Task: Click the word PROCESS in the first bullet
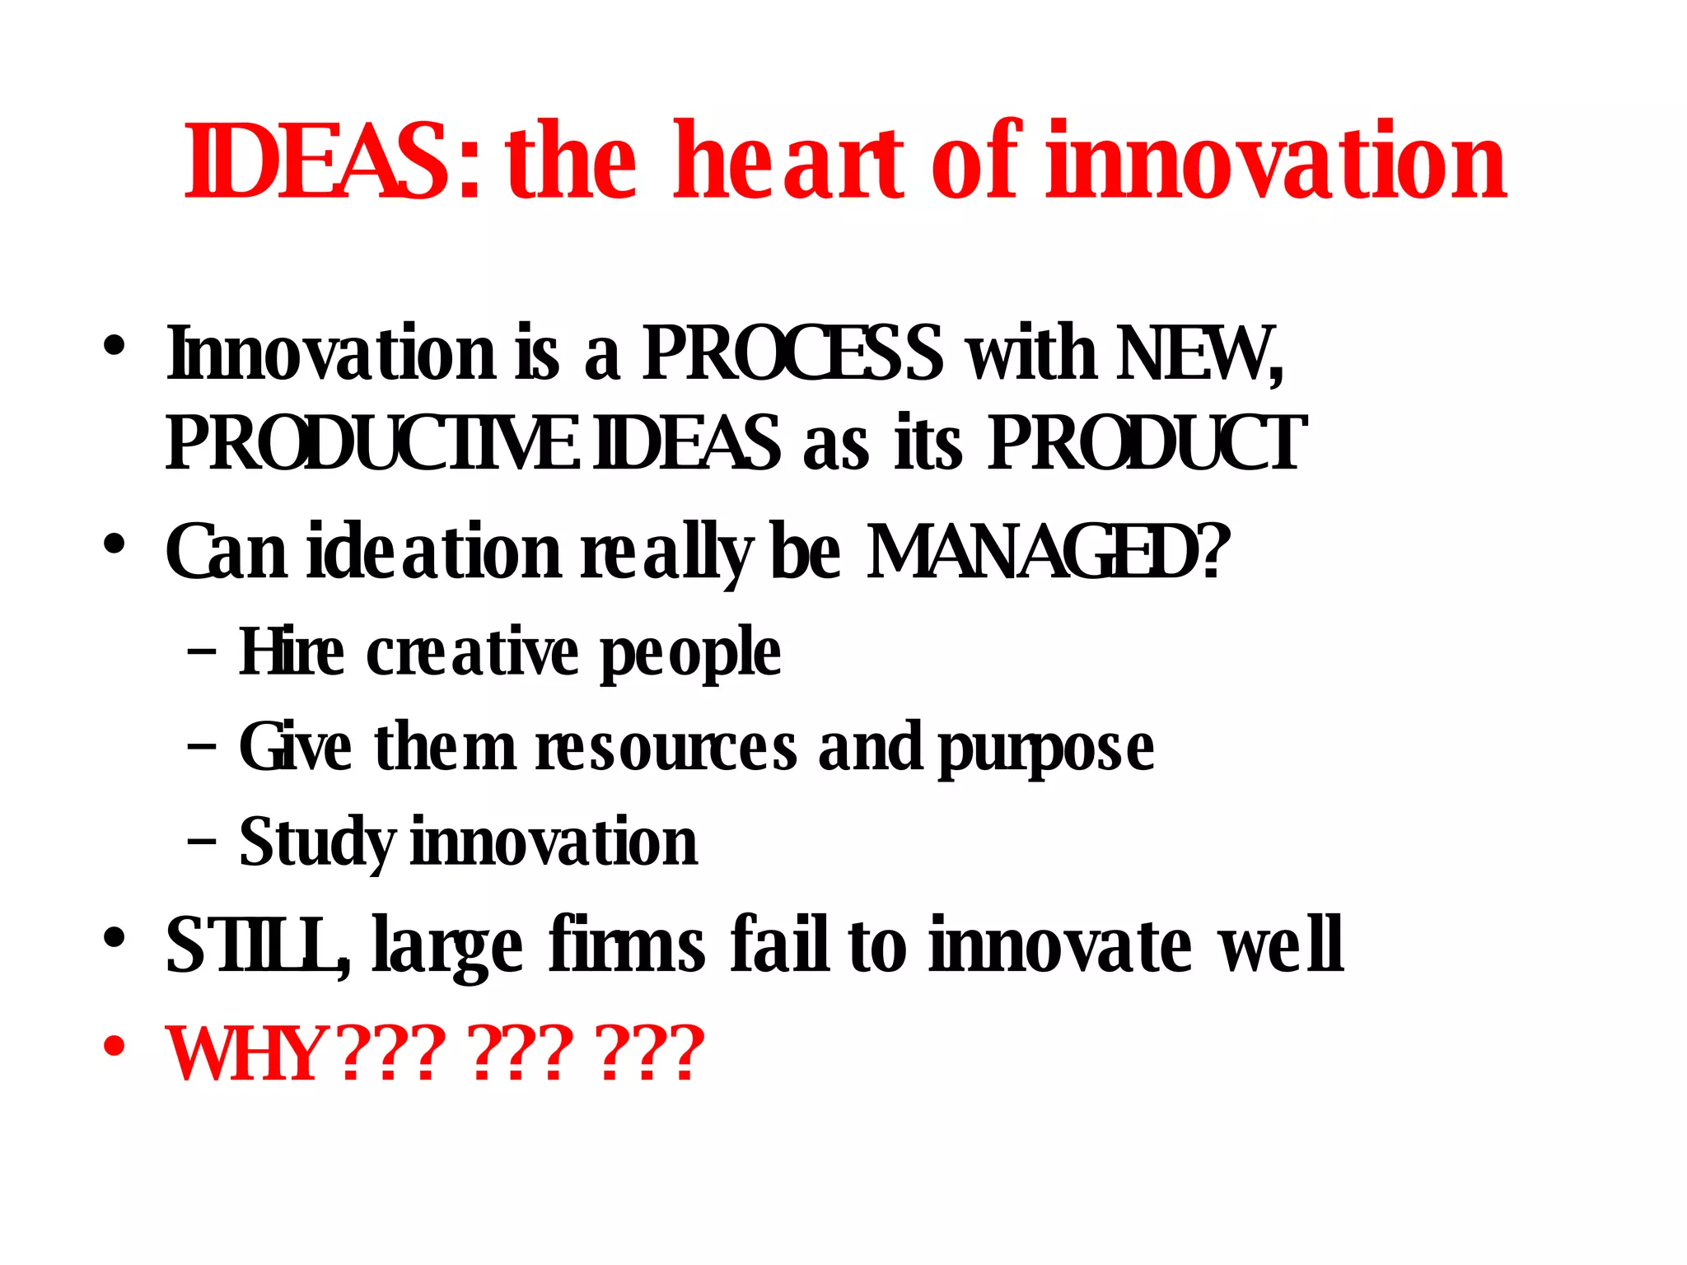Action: [x=792, y=354]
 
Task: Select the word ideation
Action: [x=433, y=552]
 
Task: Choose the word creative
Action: [x=473, y=651]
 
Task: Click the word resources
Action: [x=666, y=748]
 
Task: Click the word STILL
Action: [x=256, y=945]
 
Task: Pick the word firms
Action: [x=626, y=945]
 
